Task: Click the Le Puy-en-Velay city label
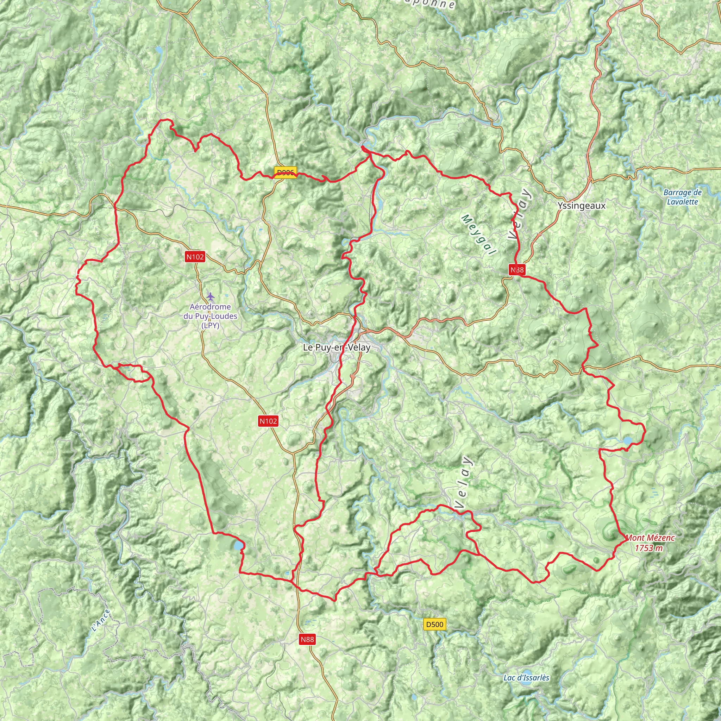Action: (x=337, y=347)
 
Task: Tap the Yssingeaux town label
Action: (x=582, y=206)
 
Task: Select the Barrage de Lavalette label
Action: (x=683, y=197)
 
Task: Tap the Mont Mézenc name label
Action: (x=650, y=538)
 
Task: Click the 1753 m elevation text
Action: (x=649, y=548)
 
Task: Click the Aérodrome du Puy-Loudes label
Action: (x=210, y=316)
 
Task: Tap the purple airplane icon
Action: (x=211, y=296)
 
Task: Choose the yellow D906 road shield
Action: (x=286, y=173)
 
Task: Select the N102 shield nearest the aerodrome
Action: (x=195, y=256)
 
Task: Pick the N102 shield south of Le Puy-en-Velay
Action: (x=268, y=421)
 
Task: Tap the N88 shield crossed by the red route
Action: (x=517, y=269)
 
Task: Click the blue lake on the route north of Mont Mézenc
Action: (x=627, y=441)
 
